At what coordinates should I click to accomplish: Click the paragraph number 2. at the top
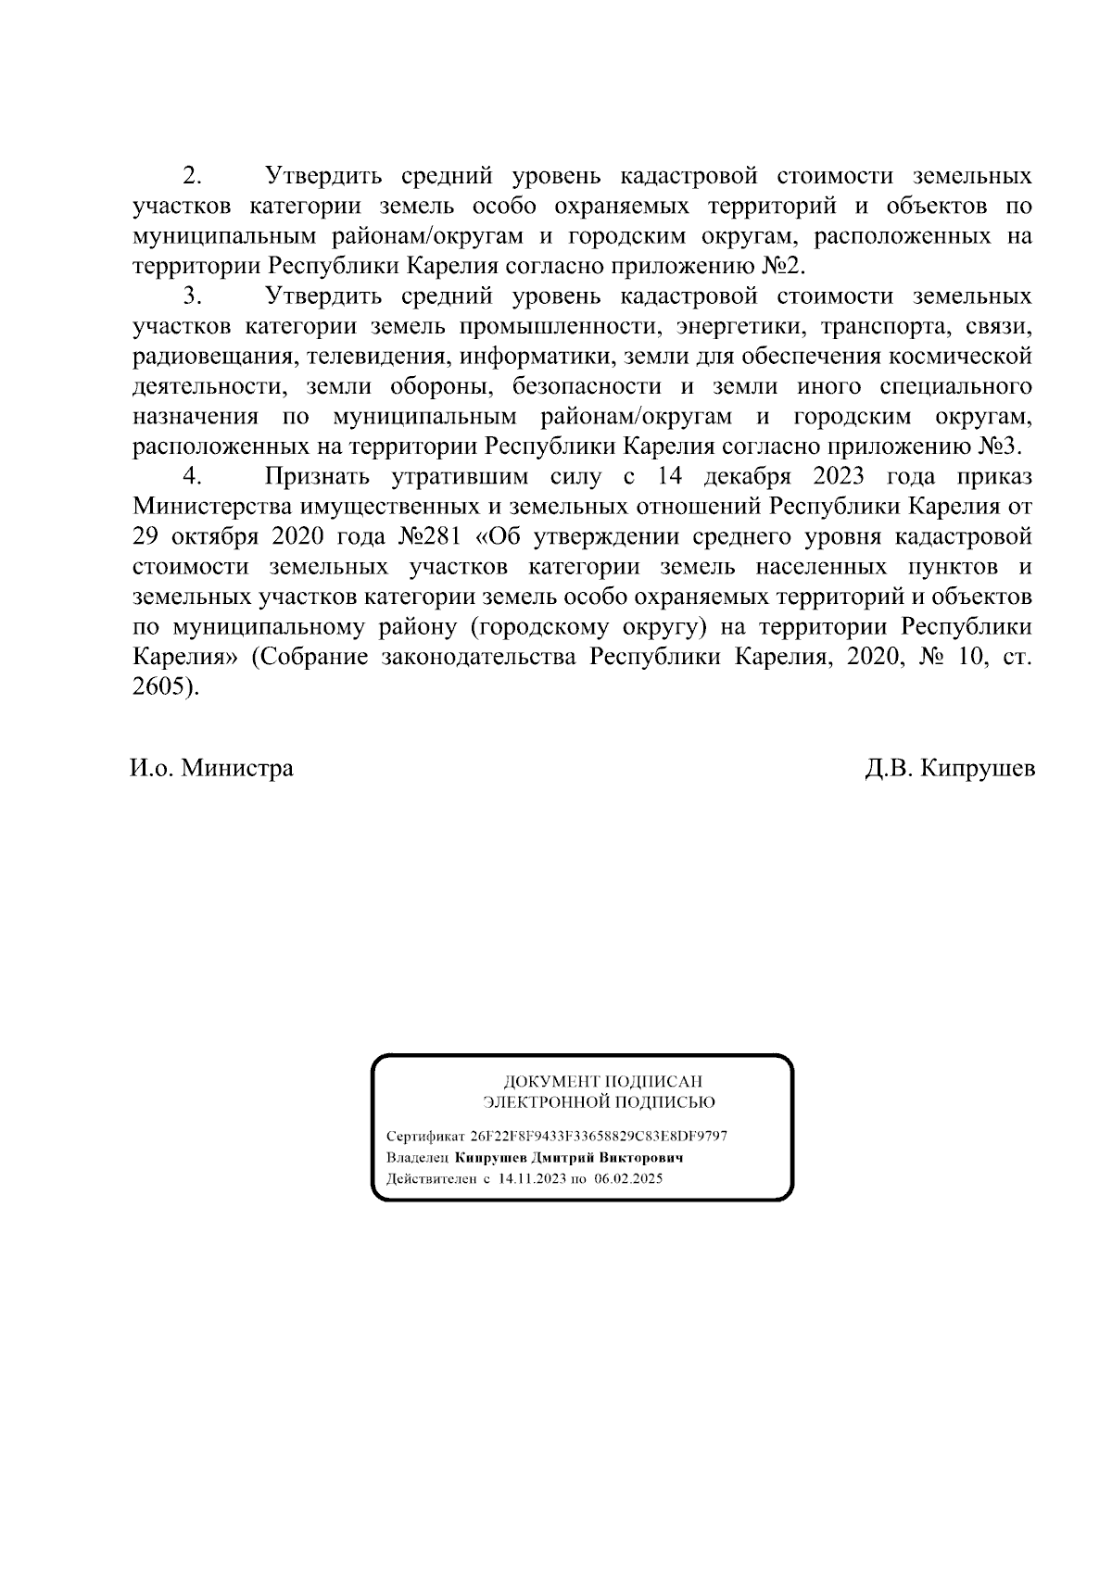point(193,175)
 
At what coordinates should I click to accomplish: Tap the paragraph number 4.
point(193,476)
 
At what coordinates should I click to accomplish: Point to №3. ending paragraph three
point(1000,446)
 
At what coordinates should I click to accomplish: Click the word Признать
point(317,476)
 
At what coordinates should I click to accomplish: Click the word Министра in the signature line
point(236,768)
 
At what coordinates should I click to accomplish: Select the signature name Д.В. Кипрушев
point(949,768)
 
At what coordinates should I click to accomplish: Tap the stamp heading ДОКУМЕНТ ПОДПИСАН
point(602,1081)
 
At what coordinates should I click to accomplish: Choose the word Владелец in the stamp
point(418,1158)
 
